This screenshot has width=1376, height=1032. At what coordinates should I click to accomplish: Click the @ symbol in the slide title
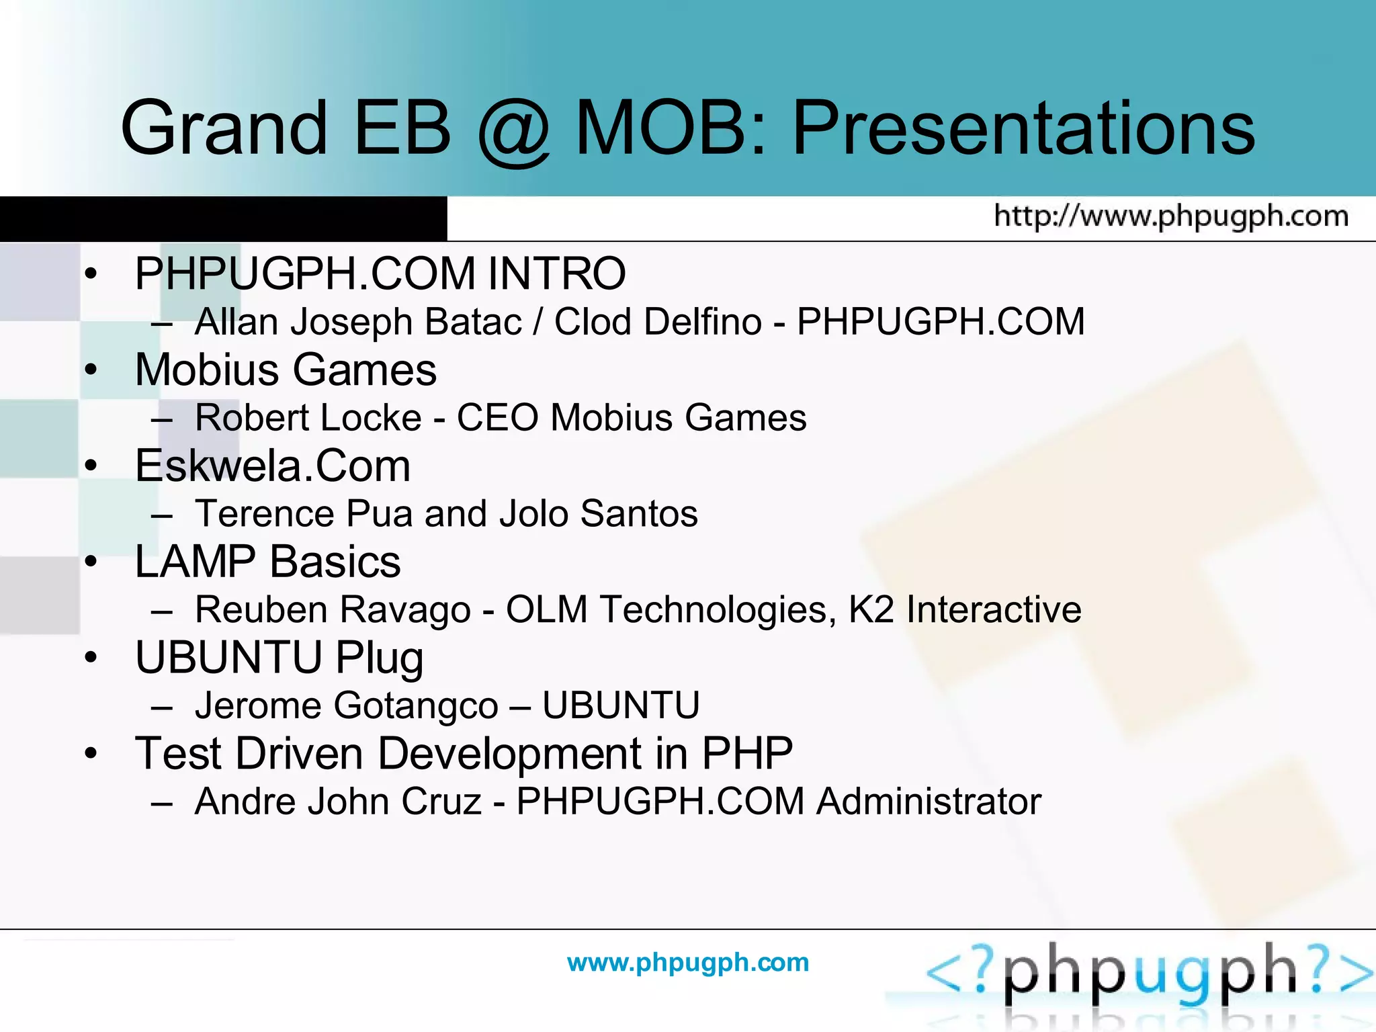[x=514, y=131]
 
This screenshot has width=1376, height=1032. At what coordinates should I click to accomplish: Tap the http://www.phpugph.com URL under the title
[x=1171, y=216]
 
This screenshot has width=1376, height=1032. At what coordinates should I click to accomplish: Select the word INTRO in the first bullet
[x=556, y=273]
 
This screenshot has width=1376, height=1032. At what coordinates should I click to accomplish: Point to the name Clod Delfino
[x=658, y=322]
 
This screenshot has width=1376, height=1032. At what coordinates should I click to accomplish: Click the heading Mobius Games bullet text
[x=286, y=370]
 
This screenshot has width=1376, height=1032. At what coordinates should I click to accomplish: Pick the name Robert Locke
[x=308, y=418]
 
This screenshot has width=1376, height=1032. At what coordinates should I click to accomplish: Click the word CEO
[x=497, y=418]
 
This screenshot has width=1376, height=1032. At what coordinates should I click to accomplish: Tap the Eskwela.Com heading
[x=272, y=466]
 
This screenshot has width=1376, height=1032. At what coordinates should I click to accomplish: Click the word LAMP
[x=195, y=562]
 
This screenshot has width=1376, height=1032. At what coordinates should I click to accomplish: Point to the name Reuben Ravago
[x=333, y=610]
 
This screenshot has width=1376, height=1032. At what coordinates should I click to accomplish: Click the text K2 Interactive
[x=964, y=610]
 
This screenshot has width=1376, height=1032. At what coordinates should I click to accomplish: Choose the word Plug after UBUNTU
[x=380, y=658]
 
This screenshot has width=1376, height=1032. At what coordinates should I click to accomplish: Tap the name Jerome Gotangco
[x=346, y=706]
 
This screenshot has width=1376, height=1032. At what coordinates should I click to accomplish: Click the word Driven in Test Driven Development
[x=300, y=754]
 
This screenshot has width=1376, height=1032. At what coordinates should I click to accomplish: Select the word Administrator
[x=929, y=802]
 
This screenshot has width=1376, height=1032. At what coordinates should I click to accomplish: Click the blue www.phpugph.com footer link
[x=688, y=962]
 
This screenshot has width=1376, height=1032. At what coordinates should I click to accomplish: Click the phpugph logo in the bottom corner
[x=1149, y=974]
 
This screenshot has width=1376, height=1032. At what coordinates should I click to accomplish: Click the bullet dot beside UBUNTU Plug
[x=91, y=658]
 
